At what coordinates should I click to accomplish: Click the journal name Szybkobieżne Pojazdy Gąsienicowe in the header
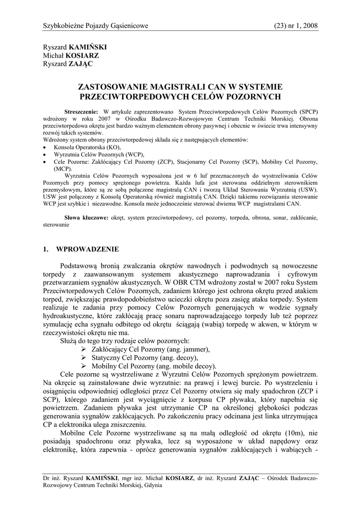[x=96, y=26]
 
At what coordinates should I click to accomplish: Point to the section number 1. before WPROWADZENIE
[x=46, y=249]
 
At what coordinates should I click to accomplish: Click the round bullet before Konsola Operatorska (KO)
[x=44, y=148]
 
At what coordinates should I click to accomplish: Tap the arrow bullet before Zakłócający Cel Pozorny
[x=84, y=350]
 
